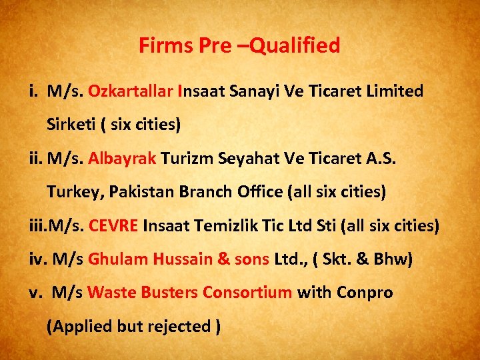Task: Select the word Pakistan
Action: pos(139,192)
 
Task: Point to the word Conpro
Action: pos(365,293)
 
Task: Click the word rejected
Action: pos(179,327)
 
